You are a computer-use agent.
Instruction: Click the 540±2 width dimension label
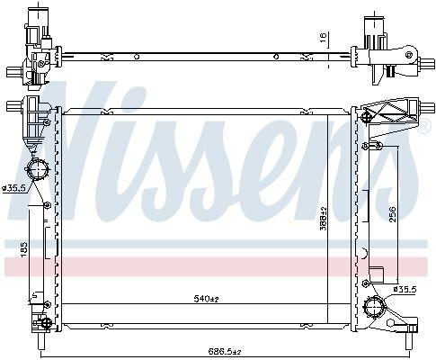207,299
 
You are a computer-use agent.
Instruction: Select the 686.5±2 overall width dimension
225,351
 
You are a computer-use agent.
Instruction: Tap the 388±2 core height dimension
323,219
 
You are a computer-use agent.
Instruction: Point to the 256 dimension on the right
393,214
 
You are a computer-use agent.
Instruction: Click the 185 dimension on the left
23,249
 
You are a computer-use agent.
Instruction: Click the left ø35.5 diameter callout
13,188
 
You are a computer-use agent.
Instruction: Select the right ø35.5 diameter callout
405,289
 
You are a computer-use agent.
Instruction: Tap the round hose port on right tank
373,307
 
